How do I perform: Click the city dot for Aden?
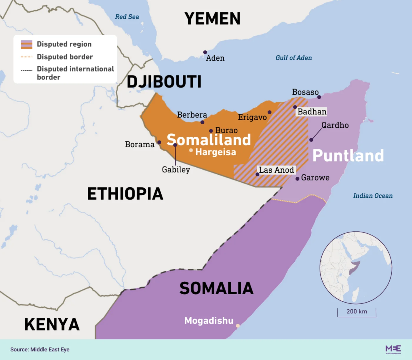[x=205, y=52]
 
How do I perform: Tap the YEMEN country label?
[x=212, y=19]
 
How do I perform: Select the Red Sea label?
[x=127, y=17]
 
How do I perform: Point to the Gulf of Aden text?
[x=293, y=58]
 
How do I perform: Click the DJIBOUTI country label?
[x=164, y=82]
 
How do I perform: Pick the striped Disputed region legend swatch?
[x=26, y=44]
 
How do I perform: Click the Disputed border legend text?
[x=65, y=57]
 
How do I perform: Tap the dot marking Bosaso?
[x=319, y=97]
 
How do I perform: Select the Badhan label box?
[x=312, y=112]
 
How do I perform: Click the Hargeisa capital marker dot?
[x=191, y=150]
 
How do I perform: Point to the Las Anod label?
[x=276, y=170]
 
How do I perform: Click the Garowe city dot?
[x=297, y=179]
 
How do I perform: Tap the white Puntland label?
[x=348, y=156]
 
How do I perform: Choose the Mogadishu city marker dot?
[x=238, y=326]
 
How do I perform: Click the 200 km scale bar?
[x=357, y=313]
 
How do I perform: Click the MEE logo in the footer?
[x=393, y=349]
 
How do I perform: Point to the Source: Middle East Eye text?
[x=40, y=349]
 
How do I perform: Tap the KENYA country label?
[x=52, y=324]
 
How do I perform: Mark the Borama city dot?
[x=159, y=142]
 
